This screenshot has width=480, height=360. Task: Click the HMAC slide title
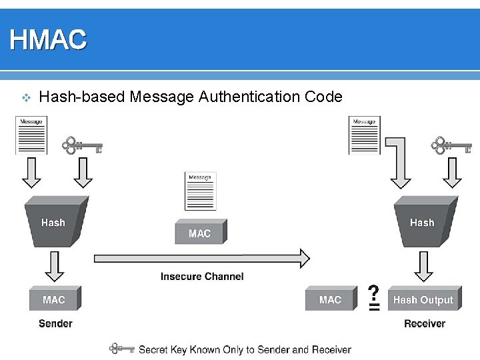pyautogui.click(x=48, y=40)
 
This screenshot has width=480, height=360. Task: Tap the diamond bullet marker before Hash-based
pyautogui.click(x=25, y=98)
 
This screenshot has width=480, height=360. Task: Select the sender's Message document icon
pyautogui.click(x=31, y=136)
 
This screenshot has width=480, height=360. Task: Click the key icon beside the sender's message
pyautogui.click(x=82, y=145)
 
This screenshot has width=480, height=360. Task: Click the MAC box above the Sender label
pyautogui.click(x=54, y=299)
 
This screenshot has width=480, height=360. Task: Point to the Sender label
pyautogui.click(x=55, y=323)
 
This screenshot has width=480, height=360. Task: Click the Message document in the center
pyautogui.click(x=200, y=191)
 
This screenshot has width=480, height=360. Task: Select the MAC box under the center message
pyautogui.click(x=200, y=233)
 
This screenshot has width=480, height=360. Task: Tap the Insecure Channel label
pyautogui.click(x=202, y=276)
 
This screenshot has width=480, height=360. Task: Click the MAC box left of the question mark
pyautogui.click(x=330, y=299)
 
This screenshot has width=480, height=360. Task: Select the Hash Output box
pyautogui.click(x=423, y=299)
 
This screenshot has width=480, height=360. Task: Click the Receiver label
pyautogui.click(x=424, y=323)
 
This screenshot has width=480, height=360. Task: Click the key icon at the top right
pyautogui.click(x=451, y=145)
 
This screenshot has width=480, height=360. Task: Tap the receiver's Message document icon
pyautogui.click(x=364, y=136)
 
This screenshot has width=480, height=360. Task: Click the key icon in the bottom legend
pyautogui.click(x=123, y=349)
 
